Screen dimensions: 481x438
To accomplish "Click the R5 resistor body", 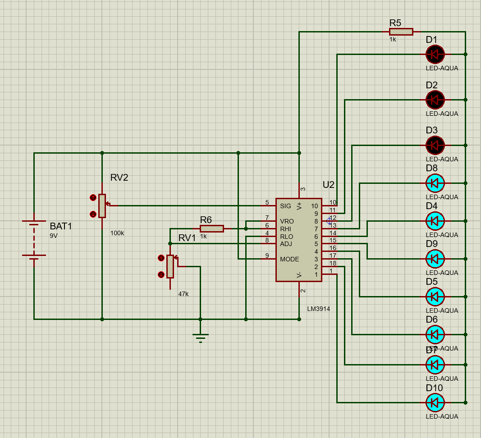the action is click(x=401, y=32).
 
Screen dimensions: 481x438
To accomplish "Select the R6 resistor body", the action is click(x=211, y=228).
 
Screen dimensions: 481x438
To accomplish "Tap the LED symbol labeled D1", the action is click(x=435, y=55).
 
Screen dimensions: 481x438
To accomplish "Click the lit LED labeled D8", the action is click(x=435, y=183).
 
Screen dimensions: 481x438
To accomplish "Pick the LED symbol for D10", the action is click(x=435, y=402).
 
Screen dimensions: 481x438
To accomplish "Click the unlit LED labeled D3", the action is click(x=435, y=145).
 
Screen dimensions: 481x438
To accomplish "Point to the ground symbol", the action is click(x=200, y=336).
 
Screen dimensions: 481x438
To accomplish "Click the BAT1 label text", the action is click(x=61, y=226).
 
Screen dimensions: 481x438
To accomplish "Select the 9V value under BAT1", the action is click(x=54, y=236).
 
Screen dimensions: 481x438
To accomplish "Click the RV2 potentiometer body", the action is click(x=102, y=205).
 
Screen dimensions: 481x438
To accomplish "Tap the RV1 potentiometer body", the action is click(x=170, y=266).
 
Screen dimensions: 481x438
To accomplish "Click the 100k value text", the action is click(x=117, y=233).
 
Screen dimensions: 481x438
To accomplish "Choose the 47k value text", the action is click(x=183, y=294).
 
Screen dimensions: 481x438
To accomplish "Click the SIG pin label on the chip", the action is click(x=285, y=206).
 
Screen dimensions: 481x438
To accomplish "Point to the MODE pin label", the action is click(x=289, y=259).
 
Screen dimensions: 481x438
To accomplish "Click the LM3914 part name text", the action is click(x=319, y=309).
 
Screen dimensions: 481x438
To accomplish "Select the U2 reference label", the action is click(x=329, y=185).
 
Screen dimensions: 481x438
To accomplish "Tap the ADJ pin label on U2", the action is click(x=286, y=244).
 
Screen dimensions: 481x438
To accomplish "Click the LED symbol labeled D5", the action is click(x=435, y=297).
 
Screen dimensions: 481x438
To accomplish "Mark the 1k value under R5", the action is click(x=393, y=40).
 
